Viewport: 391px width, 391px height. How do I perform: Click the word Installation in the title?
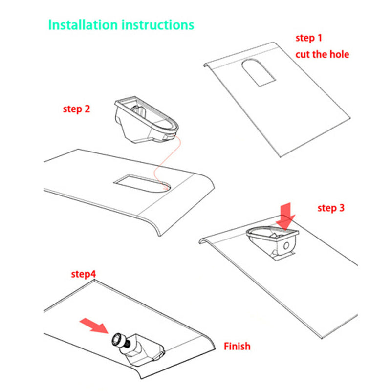83,25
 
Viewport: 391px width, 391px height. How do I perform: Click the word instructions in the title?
158,25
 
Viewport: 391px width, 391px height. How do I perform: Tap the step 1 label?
309,38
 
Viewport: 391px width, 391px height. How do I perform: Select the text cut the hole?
322,54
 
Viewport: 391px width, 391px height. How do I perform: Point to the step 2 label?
76,109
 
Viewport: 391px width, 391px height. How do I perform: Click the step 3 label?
331,208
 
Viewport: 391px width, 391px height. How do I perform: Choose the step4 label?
84,274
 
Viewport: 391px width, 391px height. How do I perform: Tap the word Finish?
237,347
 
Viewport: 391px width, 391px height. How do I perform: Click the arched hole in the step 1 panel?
259,72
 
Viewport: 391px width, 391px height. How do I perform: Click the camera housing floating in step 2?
146,119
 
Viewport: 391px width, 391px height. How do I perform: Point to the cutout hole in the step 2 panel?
142,183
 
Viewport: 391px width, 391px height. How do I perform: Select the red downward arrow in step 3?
285,216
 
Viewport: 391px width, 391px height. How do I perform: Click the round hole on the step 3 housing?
286,246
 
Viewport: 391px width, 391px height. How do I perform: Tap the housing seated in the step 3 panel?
272,242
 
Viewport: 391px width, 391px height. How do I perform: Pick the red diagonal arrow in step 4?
94,326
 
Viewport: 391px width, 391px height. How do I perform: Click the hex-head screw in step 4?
120,341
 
